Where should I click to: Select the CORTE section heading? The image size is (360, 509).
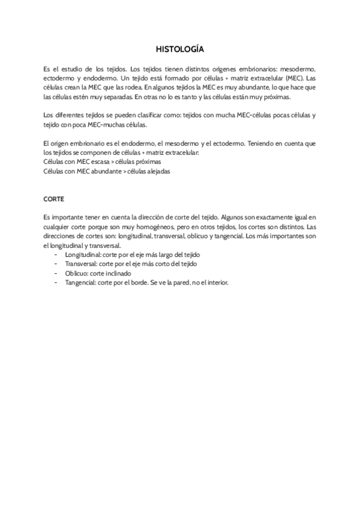click(54, 197)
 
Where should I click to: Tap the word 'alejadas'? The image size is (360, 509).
click(157, 170)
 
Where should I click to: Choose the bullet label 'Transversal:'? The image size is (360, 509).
click(82, 264)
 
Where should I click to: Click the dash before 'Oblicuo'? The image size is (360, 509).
click(56, 273)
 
